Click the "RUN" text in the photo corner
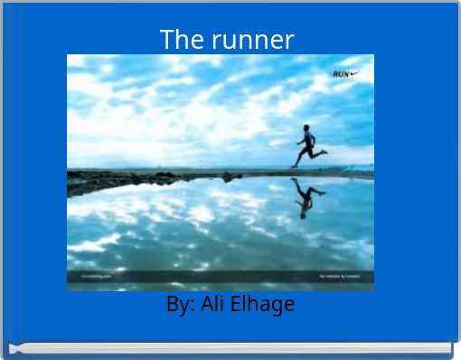[341, 74]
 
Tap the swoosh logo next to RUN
[354, 74]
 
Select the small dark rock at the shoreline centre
[227, 176]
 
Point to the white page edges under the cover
[230, 348]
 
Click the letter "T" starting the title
[166, 40]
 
